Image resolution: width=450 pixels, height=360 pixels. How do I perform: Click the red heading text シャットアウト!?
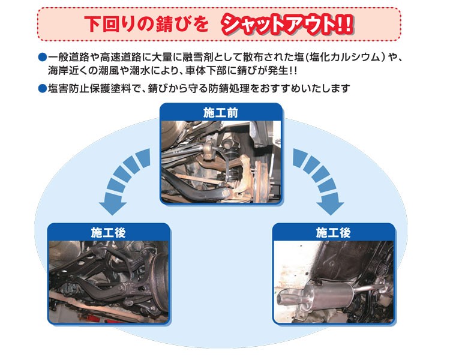[x=287, y=24]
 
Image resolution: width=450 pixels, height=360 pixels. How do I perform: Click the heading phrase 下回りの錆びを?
[x=148, y=25]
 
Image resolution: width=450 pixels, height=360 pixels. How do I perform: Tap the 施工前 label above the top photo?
[x=221, y=112]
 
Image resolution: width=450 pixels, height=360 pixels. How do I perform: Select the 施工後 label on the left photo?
[x=106, y=231]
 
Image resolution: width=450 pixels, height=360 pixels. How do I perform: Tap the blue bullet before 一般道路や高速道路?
[x=42, y=58]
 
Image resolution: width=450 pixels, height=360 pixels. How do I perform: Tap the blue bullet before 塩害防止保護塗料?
[x=42, y=89]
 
